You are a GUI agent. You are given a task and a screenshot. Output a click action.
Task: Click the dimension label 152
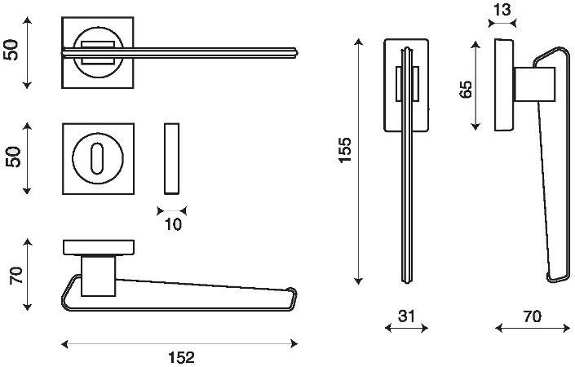(182, 357)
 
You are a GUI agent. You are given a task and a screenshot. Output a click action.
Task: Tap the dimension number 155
(345, 150)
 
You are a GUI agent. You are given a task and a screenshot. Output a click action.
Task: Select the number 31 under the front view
(406, 316)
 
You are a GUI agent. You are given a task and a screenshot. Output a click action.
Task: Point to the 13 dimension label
(502, 10)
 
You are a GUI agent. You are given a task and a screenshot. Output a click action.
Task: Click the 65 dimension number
(466, 89)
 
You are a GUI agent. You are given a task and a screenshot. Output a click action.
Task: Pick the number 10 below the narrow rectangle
(173, 224)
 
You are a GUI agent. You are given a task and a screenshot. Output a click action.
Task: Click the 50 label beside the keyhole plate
(13, 157)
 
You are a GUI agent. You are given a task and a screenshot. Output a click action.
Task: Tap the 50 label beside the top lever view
(11, 50)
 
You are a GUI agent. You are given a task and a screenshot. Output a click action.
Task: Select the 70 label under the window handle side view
(532, 316)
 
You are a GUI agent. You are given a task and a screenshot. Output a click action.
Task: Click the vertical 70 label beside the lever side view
(16, 276)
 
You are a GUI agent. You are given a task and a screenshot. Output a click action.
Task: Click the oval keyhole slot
(97, 158)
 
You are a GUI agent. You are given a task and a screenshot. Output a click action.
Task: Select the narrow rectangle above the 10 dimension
(171, 158)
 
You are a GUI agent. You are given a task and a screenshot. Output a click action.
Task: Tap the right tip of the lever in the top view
(297, 52)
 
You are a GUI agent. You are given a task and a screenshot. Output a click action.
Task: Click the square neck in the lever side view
(98, 276)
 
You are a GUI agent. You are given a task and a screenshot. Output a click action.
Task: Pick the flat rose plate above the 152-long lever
(99, 247)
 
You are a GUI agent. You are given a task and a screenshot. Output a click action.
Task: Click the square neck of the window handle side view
(535, 84)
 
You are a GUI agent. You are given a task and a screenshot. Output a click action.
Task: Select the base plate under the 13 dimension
(504, 85)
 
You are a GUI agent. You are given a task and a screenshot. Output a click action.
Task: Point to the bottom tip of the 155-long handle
(407, 282)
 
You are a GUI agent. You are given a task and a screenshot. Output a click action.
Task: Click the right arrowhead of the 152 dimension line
(294, 344)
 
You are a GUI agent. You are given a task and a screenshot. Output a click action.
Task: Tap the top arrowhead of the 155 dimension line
(358, 41)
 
